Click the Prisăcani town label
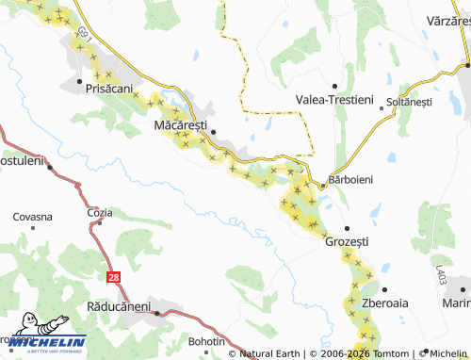pyautogui.click(x=108, y=88)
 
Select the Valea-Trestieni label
pyautogui.click(x=334, y=99)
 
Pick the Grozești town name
pyautogui.click(x=346, y=241)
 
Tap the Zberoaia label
pyautogui.click(x=384, y=304)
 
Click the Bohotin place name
pyautogui.click(x=205, y=340)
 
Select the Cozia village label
pyautogui.click(x=99, y=212)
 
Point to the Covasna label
pyautogui.click(x=32, y=217)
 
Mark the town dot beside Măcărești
pyautogui.click(x=214, y=132)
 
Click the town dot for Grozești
pyautogui.click(x=346, y=228)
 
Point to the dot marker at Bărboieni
pyautogui.click(x=322, y=186)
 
